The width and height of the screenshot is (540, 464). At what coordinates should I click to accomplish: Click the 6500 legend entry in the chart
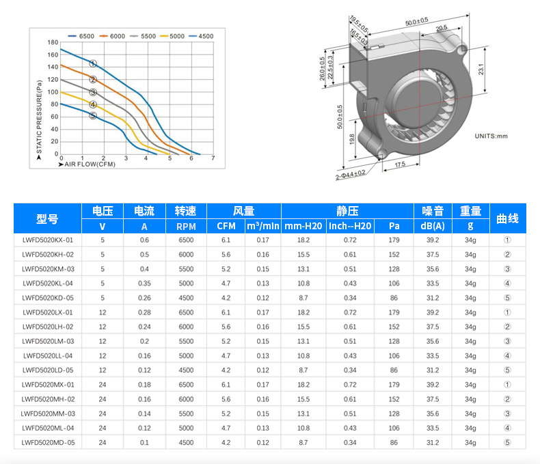(81, 36)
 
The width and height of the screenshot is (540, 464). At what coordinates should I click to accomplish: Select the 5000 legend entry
(172, 36)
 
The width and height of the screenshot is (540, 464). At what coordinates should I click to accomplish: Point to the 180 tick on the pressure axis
(53, 42)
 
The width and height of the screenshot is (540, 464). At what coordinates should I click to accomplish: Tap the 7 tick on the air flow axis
(213, 158)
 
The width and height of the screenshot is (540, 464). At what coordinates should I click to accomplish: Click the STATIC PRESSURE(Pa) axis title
(39, 117)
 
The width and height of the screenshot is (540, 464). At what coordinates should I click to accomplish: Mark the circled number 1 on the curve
(93, 63)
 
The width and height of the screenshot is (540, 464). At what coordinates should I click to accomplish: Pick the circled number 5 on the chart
(93, 115)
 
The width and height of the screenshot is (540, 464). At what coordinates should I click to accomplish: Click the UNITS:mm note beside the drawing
(491, 136)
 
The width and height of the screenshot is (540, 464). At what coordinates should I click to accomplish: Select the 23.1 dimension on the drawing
(481, 69)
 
